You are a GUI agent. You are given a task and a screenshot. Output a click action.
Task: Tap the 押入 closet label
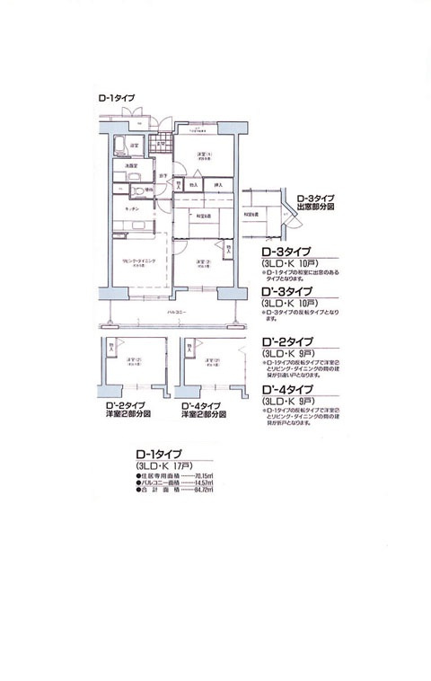click(x=217, y=185)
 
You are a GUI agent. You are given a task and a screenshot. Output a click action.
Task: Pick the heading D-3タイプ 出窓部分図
click(x=315, y=201)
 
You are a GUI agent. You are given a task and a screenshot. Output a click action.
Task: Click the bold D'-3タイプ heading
click(x=286, y=292)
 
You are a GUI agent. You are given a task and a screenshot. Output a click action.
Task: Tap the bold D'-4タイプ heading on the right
click(x=286, y=388)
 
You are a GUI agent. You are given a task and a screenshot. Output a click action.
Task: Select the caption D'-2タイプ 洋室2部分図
click(x=128, y=410)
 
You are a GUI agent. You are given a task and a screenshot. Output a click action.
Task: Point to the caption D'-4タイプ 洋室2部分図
click(x=204, y=410)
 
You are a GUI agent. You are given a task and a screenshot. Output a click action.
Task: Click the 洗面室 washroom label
click(x=131, y=165)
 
